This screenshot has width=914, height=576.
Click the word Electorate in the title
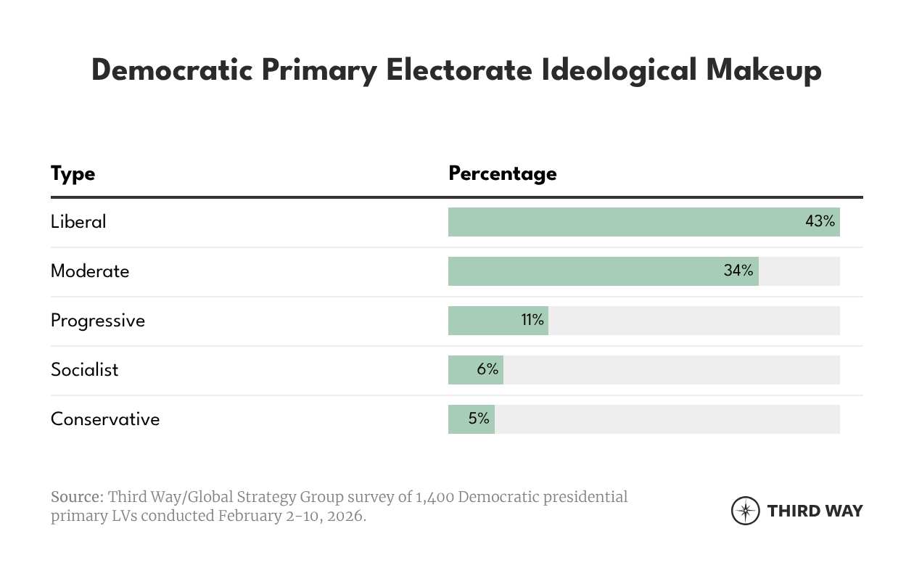[458, 70]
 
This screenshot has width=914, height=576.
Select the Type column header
[73, 174]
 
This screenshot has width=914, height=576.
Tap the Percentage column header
[502, 174]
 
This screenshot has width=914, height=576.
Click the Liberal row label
[78, 222]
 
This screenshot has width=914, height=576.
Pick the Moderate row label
[90, 271]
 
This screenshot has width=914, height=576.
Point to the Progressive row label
[98, 321]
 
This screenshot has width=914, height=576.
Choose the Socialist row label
[84, 370]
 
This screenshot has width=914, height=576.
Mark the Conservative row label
[105, 419]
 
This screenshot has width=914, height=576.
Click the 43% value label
[820, 221]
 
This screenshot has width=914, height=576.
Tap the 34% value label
[738, 271]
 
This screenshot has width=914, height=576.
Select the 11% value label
[532, 320]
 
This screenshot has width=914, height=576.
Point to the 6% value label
[487, 369]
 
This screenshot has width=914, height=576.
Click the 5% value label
[479, 419]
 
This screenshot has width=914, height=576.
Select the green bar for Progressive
[486, 321]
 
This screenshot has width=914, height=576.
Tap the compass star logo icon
[745, 511]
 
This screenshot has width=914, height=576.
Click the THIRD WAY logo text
[815, 511]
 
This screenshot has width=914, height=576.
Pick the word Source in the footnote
[76, 498]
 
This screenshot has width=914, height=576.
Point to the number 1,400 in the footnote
[434, 498]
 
